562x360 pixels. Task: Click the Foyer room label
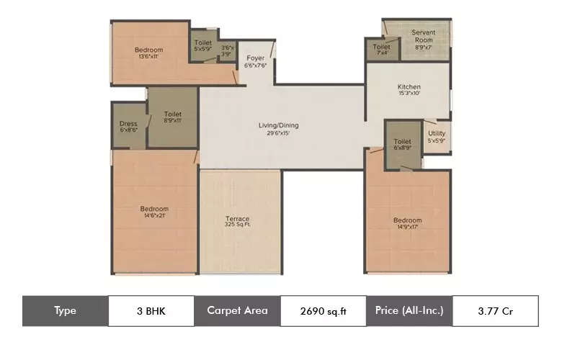point(256,61)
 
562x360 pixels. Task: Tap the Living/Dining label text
point(278,129)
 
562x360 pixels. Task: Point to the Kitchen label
point(409,89)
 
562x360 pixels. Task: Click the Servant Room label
point(423,36)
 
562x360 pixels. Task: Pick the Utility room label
point(436,136)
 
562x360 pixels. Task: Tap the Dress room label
point(128,127)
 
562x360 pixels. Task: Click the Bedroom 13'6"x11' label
point(149,53)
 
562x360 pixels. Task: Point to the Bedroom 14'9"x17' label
point(407,223)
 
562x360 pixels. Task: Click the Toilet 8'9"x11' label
point(172,117)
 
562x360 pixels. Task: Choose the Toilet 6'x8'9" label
point(402,145)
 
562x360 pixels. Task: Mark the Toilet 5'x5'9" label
point(203,45)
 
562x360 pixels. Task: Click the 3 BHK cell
point(151,311)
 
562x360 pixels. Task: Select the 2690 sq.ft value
point(323,311)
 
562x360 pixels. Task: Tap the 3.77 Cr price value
point(495,311)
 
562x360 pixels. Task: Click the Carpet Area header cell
point(237,311)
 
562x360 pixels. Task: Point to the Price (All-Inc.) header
point(409,311)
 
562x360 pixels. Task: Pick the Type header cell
point(65,311)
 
